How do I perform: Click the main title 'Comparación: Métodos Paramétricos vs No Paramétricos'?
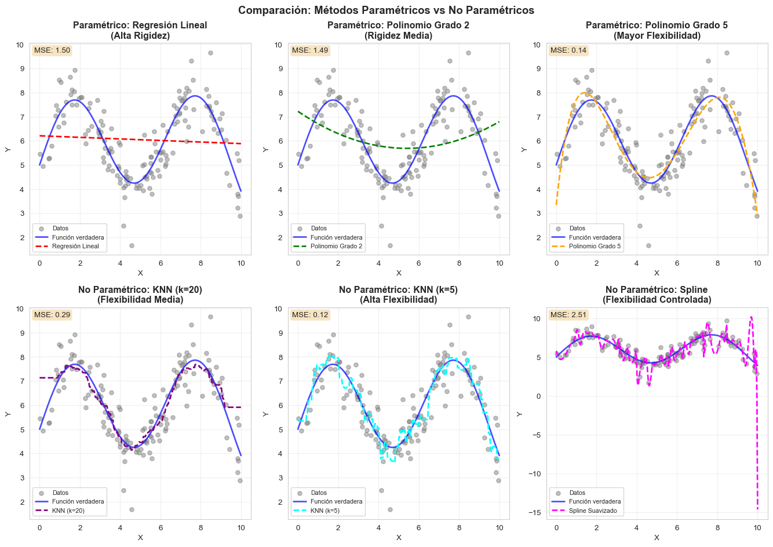point(386,10)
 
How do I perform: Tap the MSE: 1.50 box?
point(52,50)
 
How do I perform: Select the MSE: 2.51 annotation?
point(568,315)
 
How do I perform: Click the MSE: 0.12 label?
point(310,315)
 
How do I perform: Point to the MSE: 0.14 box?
point(568,50)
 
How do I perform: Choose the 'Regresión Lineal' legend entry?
point(75,246)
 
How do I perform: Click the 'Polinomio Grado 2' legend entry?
point(336,246)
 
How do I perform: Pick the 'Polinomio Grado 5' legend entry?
point(595,246)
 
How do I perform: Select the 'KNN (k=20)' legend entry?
point(68,511)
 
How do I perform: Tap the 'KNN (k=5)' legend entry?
point(325,511)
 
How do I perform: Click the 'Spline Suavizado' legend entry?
point(593,511)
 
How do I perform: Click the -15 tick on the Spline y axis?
point(537,512)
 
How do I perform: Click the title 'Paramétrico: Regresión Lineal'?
point(140,25)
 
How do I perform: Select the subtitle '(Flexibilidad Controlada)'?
point(657,300)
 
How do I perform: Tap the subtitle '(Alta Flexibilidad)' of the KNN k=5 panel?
point(398,300)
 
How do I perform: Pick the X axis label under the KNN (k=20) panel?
point(140,537)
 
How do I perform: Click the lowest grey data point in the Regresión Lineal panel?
point(132,245)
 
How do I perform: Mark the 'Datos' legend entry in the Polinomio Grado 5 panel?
point(577,229)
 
